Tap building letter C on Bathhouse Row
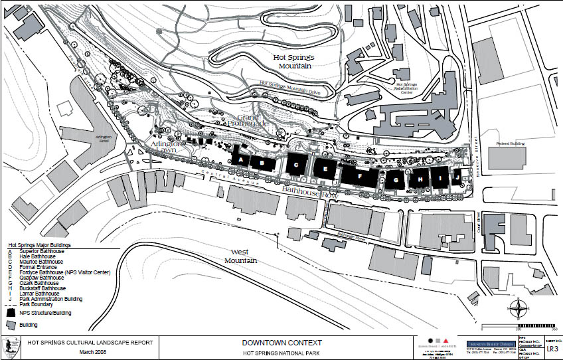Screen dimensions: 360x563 tap(297, 163)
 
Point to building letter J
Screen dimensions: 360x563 tap(457, 179)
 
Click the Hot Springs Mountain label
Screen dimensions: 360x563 tap(293, 62)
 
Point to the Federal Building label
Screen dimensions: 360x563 tap(511, 143)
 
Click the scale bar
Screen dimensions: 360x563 tap(534, 325)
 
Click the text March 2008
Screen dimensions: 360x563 tap(94, 352)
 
